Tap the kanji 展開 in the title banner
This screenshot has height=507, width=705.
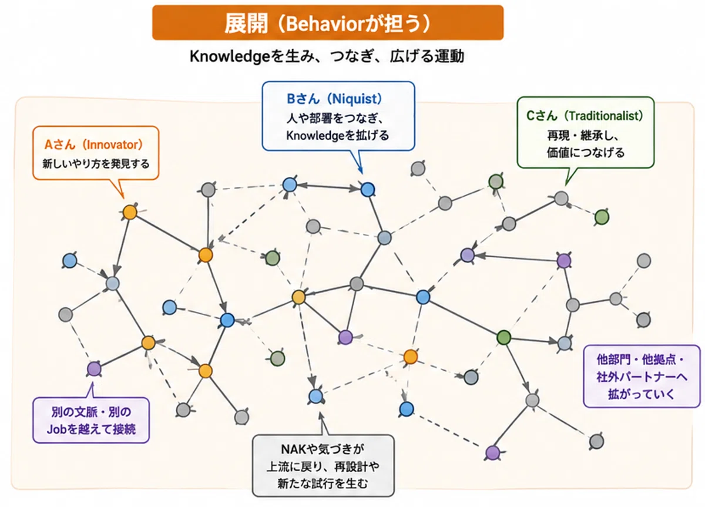(x=246, y=23)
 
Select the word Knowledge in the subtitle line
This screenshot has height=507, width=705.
(x=230, y=56)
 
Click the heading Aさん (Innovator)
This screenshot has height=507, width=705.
(x=94, y=145)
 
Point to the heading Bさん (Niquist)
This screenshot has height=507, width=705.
(x=334, y=99)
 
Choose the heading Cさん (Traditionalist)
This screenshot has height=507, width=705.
(x=585, y=116)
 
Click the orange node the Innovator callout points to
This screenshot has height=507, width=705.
(x=130, y=213)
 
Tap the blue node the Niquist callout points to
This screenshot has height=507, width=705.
(x=367, y=189)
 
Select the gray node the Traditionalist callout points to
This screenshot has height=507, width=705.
(x=561, y=199)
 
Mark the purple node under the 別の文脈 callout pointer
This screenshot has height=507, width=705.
(x=94, y=369)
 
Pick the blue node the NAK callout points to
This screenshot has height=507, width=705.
(x=315, y=397)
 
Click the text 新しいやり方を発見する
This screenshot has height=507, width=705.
(x=96, y=164)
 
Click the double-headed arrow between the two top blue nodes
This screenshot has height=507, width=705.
(x=328, y=187)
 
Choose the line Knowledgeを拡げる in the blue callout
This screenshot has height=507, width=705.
(x=337, y=136)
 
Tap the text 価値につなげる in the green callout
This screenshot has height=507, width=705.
(x=585, y=153)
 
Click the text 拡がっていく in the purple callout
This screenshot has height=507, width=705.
(x=641, y=394)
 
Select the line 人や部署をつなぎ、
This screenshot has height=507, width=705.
(x=334, y=118)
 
